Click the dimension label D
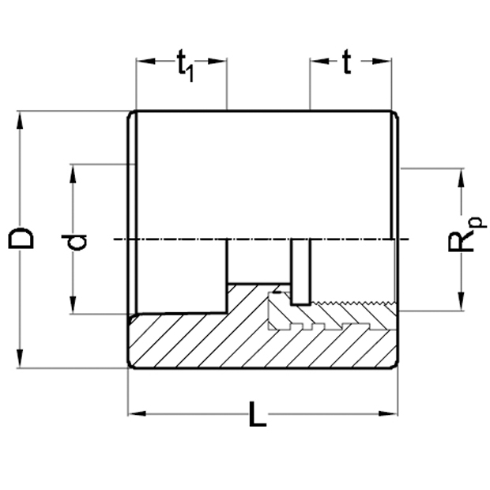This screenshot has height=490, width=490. click(21, 239)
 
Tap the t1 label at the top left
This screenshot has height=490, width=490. click(185, 66)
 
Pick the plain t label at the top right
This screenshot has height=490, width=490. click(347, 62)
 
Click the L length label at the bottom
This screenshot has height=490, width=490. click(258, 414)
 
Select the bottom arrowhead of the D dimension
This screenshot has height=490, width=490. click(20, 359)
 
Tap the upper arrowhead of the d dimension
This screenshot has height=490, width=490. click(73, 174)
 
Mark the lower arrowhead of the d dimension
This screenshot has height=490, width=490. click(73, 304)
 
